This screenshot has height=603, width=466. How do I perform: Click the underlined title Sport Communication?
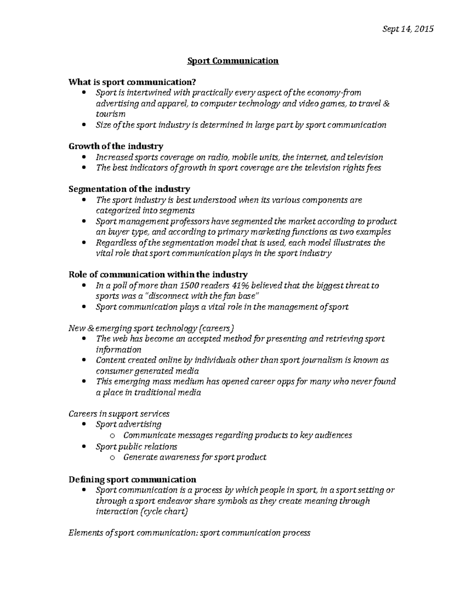[x=233, y=61]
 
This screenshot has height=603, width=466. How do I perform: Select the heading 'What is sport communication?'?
[x=132, y=82]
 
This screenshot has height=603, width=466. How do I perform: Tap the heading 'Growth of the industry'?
[x=116, y=146]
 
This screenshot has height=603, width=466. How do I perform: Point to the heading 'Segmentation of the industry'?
[x=129, y=189]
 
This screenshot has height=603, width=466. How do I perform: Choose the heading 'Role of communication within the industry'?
[x=158, y=275]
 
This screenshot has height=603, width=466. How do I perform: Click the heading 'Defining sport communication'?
[x=132, y=479]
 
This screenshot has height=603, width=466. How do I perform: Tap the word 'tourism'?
[x=111, y=114]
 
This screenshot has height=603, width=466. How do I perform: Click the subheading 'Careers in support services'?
[x=119, y=414]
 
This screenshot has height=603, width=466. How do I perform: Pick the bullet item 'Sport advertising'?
[x=129, y=424]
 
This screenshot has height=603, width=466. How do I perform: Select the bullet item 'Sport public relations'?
[x=136, y=447]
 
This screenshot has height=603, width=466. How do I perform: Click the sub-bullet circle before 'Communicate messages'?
[x=113, y=436]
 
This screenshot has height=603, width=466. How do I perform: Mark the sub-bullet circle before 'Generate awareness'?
[x=113, y=457]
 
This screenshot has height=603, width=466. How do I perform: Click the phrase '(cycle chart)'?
[x=163, y=511]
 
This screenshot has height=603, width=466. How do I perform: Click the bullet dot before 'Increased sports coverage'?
[x=85, y=157]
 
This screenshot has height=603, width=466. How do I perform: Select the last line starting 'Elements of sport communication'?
[x=189, y=533]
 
